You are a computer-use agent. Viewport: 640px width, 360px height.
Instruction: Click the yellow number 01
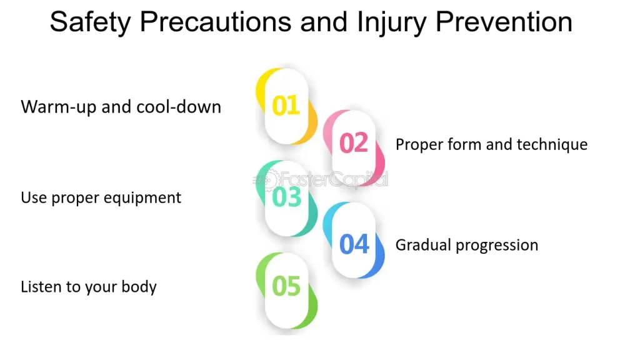pos(286,106)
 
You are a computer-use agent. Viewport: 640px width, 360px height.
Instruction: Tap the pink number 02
pos(354,143)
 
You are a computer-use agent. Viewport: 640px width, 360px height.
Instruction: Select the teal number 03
pos(286,197)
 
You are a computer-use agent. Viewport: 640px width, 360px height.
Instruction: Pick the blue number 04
pos(354,244)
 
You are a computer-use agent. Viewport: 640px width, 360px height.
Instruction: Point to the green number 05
pos(286,286)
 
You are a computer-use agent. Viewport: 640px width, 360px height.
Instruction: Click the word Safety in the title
pos(90,22)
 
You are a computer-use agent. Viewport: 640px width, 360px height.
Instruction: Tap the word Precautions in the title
pos(216,22)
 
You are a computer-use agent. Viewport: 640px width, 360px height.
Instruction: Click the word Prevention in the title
pos(504,22)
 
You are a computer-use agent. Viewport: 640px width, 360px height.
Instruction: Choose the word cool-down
pos(178,106)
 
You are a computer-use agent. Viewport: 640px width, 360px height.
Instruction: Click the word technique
pos(552,145)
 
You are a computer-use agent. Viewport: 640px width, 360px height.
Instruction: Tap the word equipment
pos(142,198)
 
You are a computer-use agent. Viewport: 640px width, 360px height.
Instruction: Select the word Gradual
pos(423,245)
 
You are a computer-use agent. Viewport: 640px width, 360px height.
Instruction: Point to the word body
pos(139,287)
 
